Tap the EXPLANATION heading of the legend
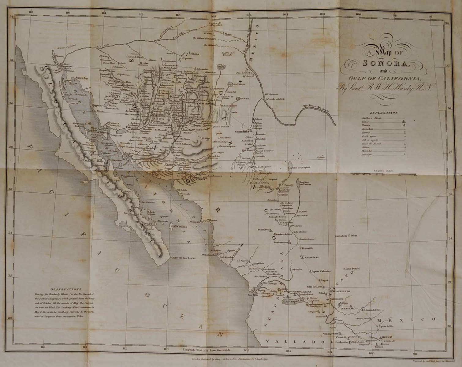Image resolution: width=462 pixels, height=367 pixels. [x=384, y=113]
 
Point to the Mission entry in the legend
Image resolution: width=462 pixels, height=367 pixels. [x=367, y=154]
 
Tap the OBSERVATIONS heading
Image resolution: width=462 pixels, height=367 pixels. [x=66, y=288]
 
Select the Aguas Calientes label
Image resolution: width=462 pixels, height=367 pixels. [x=321, y=271]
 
